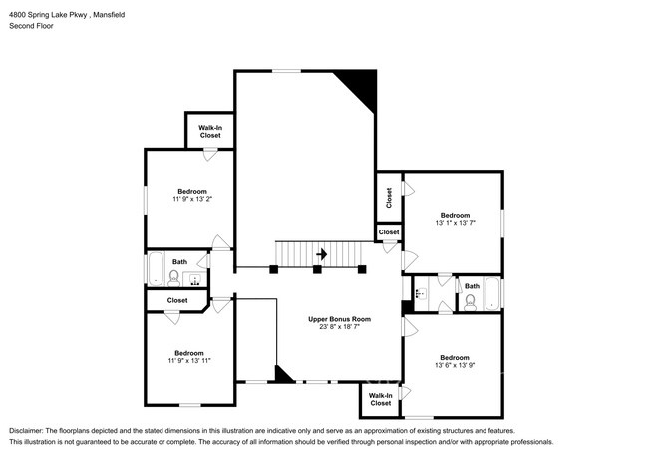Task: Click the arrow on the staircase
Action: click(320, 254)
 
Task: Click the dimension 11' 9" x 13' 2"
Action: click(192, 200)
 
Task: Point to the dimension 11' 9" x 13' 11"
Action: click(189, 361)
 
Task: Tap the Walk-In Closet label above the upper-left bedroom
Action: click(209, 130)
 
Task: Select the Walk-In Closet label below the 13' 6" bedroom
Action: click(380, 399)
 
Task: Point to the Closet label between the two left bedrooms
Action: click(177, 299)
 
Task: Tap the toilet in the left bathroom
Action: click(174, 276)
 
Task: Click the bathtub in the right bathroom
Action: click(491, 293)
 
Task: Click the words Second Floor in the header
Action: click(31, 25)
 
